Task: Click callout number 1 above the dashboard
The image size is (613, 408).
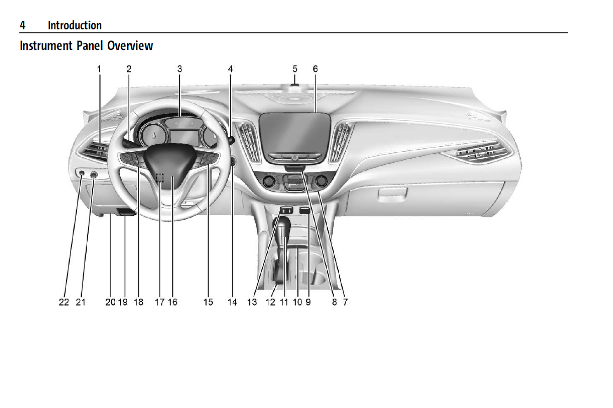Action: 99,69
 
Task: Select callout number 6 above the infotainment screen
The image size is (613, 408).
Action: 315,69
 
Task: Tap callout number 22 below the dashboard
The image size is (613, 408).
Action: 64,302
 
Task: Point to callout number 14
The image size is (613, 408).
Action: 232,302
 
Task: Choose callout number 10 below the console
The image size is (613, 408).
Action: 297,302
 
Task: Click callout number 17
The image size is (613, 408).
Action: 160,302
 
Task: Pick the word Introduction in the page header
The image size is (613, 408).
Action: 75,25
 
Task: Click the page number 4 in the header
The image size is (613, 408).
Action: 23,25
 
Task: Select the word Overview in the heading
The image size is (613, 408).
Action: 130,46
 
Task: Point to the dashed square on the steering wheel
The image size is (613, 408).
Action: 160,178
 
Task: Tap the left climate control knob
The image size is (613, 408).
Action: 269,182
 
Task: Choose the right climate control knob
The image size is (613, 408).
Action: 321,181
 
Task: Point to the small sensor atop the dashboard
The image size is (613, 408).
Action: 295,85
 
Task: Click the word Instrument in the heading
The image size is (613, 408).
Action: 46,46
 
